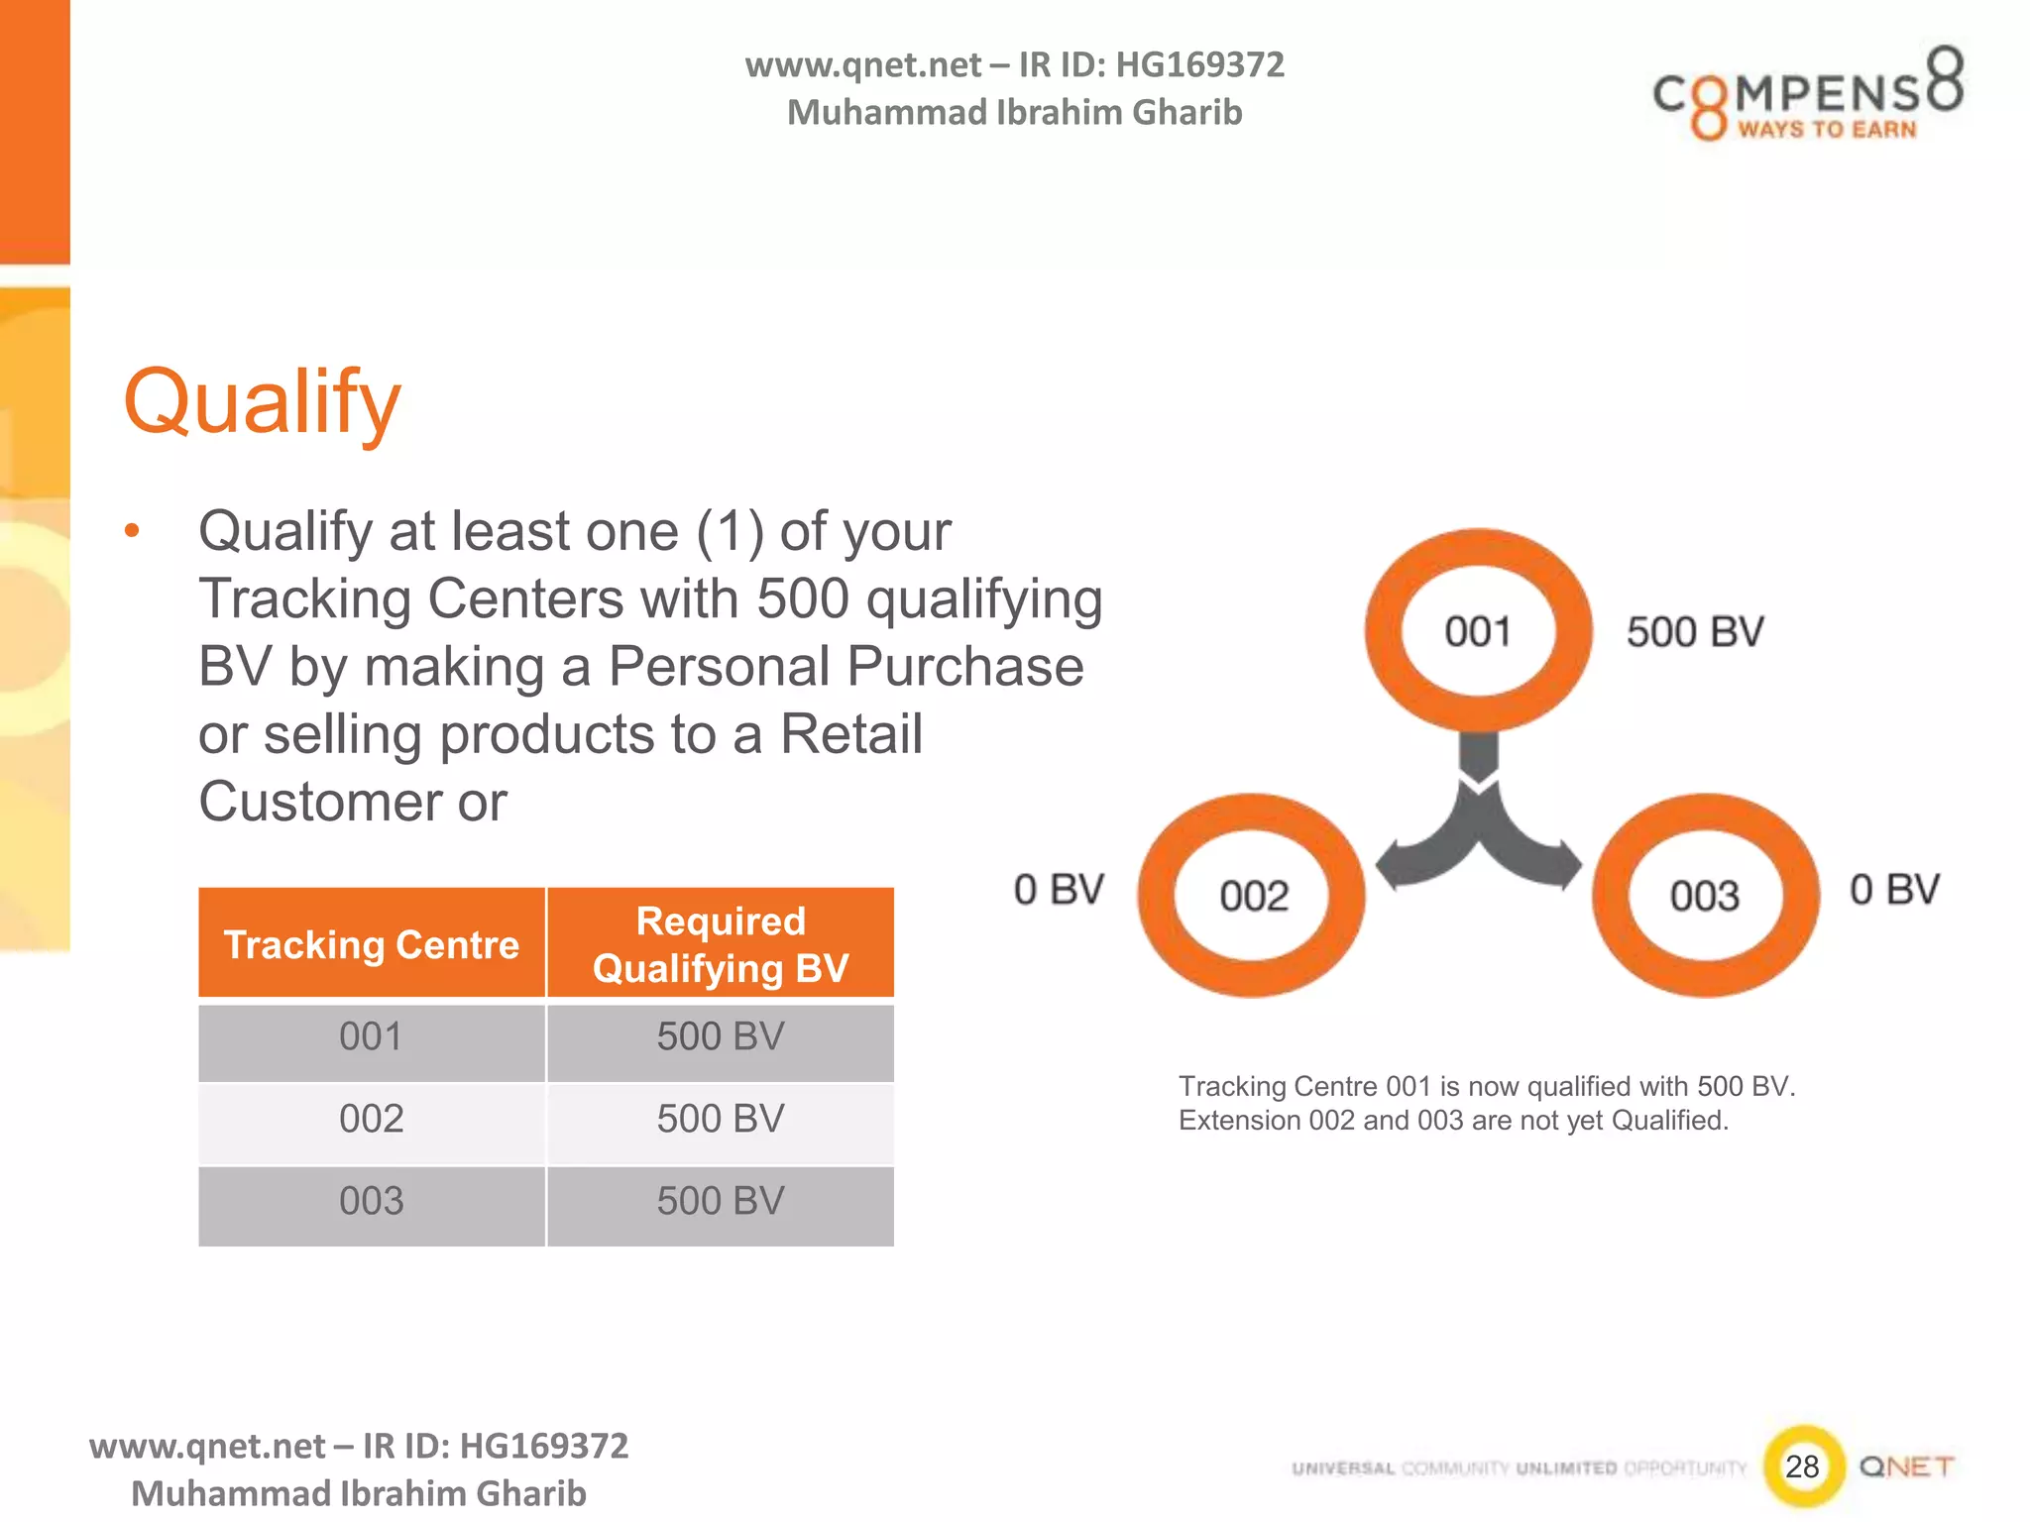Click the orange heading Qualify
click(x=262, y=402)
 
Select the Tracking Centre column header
click(x=372, y=944)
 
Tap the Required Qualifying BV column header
click(x=721, y=944)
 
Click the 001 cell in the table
click(x=372, y=1037)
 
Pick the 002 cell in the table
click(x=372, y=1120)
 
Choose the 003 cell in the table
click(x=372, y=1202)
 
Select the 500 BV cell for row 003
click(x=721, y=1202)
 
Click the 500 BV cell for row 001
click(x=721, y=1037)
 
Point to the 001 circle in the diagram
click(x=1478, y=631)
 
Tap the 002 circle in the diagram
click(x=1253, y=896)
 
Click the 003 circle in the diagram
click(x=1705, y=896)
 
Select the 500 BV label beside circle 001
click(x=1695, y=632)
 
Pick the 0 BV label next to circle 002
click(x=1059, y=890)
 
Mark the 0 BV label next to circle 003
click(x=1894, y=890)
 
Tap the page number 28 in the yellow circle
click(x=1803, y=1467)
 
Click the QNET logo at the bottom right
click(x=1906, y=1467)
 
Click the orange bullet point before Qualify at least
click(x=132, y=532)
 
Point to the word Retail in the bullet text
click(x=850, y=734)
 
